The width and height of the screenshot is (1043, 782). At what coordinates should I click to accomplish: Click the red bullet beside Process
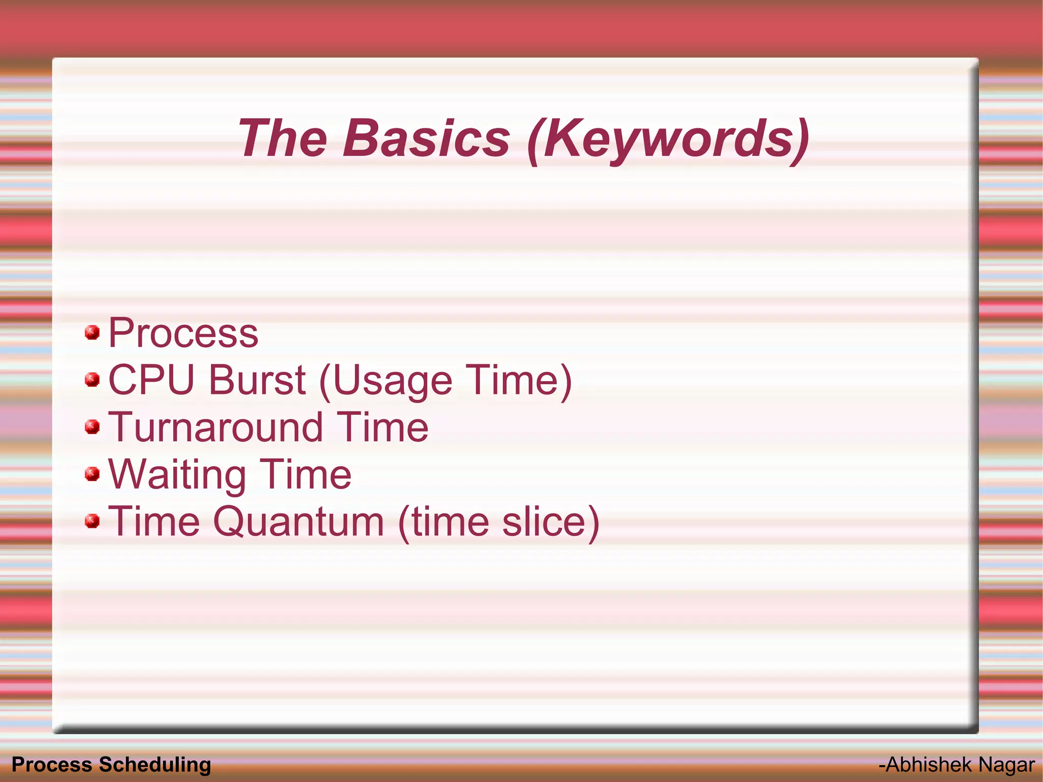[92, 333]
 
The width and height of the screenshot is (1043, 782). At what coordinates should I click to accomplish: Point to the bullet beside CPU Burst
[92, 380]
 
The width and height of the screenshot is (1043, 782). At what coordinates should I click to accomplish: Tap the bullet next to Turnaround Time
[92, 427]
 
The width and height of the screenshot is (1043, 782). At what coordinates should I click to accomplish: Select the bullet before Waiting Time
[92, 474]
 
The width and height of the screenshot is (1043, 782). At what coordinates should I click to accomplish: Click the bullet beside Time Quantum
[92, 521]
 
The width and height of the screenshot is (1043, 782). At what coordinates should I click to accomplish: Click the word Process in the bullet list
[183, 333]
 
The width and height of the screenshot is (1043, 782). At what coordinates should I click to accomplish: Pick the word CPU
[152, 380]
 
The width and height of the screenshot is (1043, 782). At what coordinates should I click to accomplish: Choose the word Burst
[257, 380]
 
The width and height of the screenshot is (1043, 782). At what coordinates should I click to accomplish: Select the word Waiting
[177, 475]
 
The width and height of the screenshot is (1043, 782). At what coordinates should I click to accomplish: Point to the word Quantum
[298, 522]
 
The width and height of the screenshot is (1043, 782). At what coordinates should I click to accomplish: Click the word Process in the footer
[51, 765]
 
